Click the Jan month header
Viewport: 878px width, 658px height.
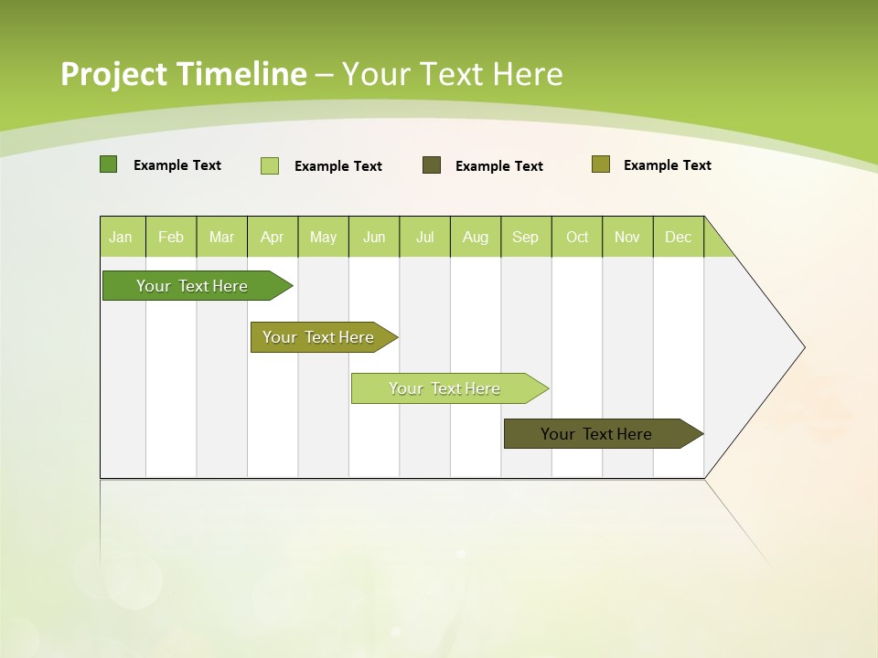122,237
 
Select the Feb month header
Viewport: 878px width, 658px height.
171,237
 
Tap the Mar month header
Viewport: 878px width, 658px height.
221,237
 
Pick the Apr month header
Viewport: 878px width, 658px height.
273,237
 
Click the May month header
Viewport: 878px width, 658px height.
323,237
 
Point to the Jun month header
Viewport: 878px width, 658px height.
374,237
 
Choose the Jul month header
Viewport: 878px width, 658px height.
424,237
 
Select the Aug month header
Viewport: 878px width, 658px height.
476,237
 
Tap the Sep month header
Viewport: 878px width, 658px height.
526,237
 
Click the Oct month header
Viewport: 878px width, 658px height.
577,237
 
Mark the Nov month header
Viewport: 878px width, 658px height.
627,237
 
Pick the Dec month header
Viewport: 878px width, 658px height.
679,237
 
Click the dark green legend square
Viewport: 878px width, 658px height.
109,164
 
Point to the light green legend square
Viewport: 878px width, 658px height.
270,165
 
